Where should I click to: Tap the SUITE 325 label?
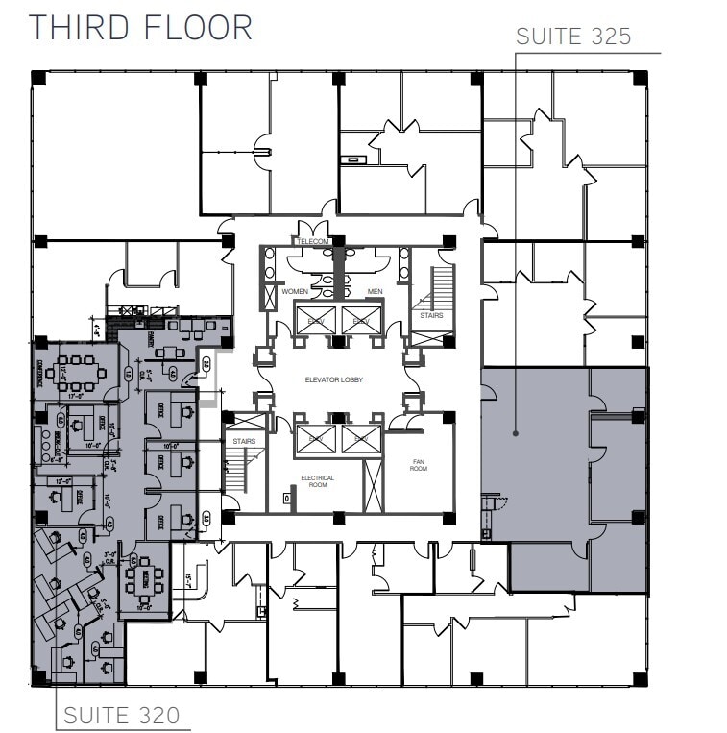[573, 37]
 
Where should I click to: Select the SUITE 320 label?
[121, 715]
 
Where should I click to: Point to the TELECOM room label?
[313, 241]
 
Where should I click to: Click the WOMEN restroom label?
[294, 291]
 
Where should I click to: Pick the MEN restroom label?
[376, 291]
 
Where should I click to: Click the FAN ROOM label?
[419, 465]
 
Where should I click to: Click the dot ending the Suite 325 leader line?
[515, 434]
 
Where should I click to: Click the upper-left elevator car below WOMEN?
[315, 320]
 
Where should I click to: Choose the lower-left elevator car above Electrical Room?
[315, 439]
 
